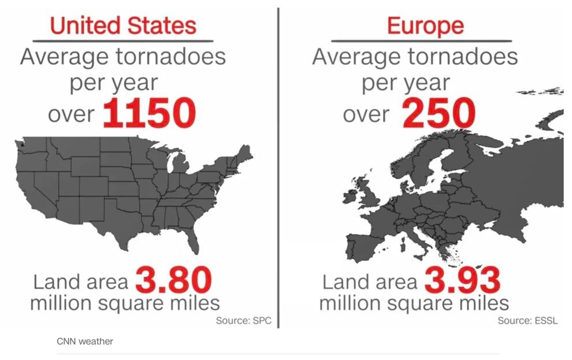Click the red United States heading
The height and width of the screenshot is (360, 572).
[122, 25]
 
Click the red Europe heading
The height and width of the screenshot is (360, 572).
[425, 25]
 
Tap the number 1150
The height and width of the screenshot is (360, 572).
[149, 113]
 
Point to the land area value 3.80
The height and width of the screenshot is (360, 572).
[173, 281]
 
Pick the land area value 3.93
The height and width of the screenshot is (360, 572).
[462, 281]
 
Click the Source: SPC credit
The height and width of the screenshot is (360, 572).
[243, 321]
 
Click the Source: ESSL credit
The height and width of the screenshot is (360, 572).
[528, 321]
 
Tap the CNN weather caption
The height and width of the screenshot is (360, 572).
[85, 342]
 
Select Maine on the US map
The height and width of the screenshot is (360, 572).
[245, 153]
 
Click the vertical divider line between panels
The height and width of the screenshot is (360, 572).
[278, 168]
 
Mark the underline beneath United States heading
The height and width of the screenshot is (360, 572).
[122, 41]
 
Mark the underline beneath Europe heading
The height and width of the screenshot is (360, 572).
[421, 41]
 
